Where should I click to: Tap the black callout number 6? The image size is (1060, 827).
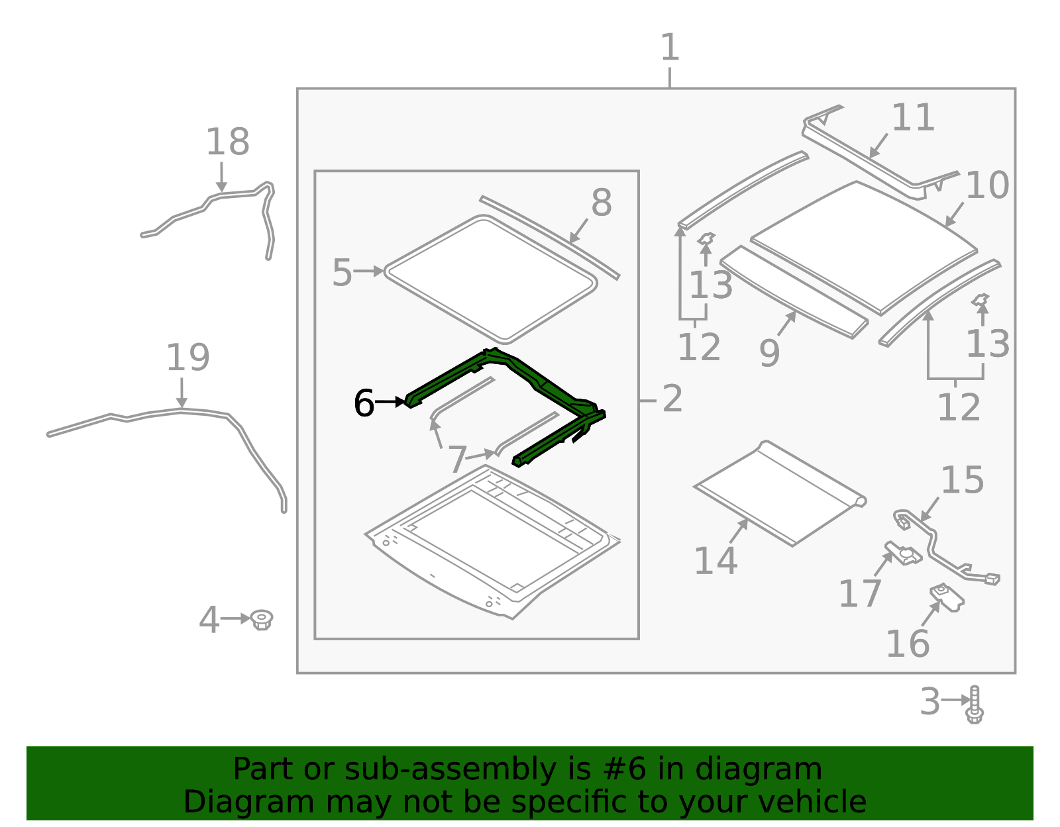pyautogui.click(x=364, y=403)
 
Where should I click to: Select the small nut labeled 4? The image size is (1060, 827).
pyautogui.click(x=262, y=620)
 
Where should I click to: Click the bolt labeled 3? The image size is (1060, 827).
pyautogui.click(x=974, y=705)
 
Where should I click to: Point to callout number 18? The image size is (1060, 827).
pyautogui.click(x=227, y=142)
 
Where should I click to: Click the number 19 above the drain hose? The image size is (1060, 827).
pyautogui.click(x=187, y=358)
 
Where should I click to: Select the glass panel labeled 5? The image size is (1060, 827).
pyautogui.click(x=490, y=278)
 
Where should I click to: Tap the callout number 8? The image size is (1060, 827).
pyautogui.click(x=601, y=203)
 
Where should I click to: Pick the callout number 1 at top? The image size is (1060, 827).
pyautogui.click(x=670, y=48)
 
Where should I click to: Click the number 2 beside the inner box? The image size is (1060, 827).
pyautogui.click(x=672, y=399)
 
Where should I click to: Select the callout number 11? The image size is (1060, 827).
pyautogui.click(x=912, y=118)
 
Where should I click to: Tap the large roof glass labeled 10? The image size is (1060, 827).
pyautogui.click(x=861, y=245)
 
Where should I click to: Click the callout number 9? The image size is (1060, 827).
pyautogui.click(x=768, y=353)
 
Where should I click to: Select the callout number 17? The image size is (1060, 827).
pyautogui.click(x=859, y=593)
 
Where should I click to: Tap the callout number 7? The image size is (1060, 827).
pyautogui.click(x=457, y=459)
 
